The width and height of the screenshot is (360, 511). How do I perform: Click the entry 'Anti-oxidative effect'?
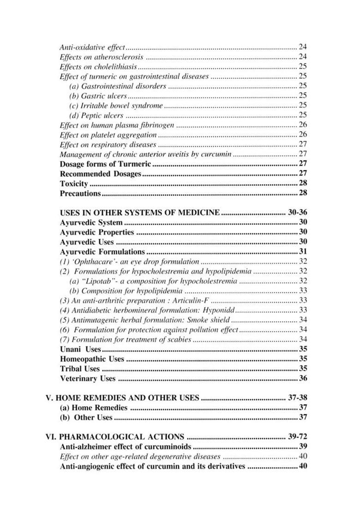[x=93, y=47]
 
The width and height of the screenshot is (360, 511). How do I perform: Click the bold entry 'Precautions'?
[x=80, y=193]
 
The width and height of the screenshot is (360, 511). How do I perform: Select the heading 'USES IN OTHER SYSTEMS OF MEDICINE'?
[x=140, y=213]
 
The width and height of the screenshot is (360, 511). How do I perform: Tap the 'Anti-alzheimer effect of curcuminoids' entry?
[x=126, y=446]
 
